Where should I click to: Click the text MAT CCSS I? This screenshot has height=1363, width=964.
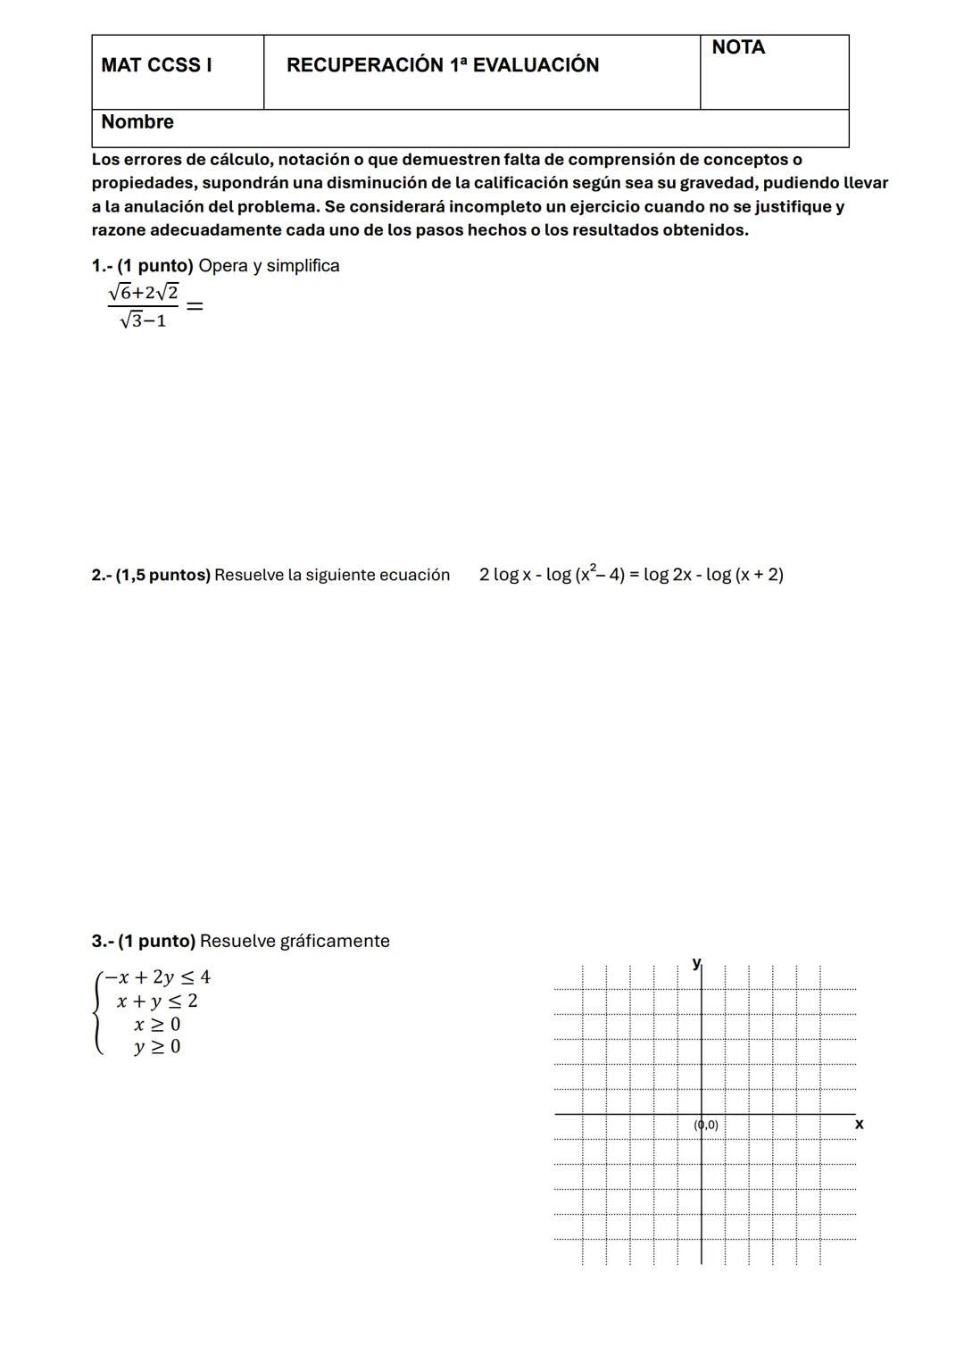[156, 65]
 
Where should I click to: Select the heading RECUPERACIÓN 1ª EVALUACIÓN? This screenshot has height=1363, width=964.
[443, 65]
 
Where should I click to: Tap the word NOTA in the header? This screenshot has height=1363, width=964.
[738, 48]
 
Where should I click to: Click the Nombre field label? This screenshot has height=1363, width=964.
[137, 122]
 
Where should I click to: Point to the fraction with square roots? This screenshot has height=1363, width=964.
[143, 305]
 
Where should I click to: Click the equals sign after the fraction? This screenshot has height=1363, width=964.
[195, 306]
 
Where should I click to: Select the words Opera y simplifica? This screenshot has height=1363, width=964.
[269, 266]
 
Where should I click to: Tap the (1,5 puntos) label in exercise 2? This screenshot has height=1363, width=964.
[163, 576]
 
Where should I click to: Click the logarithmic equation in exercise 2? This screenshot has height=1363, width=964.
[631, 575]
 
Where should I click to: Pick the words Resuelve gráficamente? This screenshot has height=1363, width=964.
[295, 942]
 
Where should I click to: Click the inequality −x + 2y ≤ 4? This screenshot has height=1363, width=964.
[157, 977]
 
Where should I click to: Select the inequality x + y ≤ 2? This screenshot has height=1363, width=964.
[157, 1001]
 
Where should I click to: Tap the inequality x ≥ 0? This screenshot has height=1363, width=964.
[157, 1025]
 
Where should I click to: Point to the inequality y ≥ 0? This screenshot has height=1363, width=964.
[157, 1047]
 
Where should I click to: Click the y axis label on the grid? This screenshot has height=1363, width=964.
[696, 962]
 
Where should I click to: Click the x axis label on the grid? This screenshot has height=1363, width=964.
[859, 1125]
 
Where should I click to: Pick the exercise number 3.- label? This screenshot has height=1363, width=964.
[102, 942]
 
